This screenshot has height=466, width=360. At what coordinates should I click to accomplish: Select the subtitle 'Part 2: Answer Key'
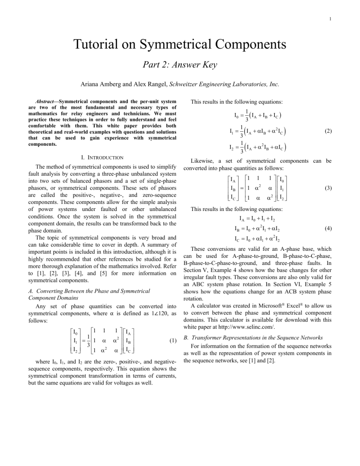pyautogui.click(x=180, y=65)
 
